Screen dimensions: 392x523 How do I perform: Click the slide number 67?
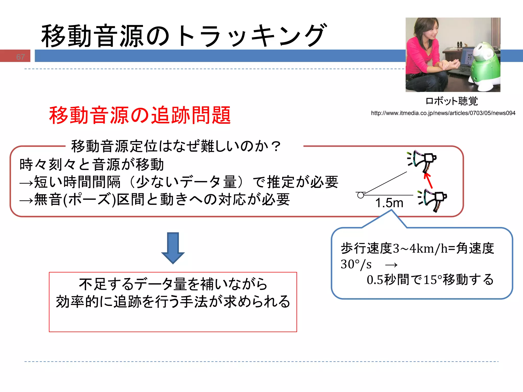(20, 57)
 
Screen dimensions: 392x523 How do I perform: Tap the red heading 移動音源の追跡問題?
(140, 115)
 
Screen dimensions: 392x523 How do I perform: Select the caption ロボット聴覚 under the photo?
(451, 101)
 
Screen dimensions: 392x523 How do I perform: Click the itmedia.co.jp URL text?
(443, 113)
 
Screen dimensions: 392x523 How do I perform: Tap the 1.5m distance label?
(389, 203)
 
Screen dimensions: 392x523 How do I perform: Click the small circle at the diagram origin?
(360, 195)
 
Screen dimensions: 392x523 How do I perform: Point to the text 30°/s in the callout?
(356, 264)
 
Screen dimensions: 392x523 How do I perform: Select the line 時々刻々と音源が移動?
(91, 164)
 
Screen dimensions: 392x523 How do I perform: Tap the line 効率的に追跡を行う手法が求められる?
(173, 302)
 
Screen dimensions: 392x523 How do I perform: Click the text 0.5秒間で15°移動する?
(430, 280)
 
